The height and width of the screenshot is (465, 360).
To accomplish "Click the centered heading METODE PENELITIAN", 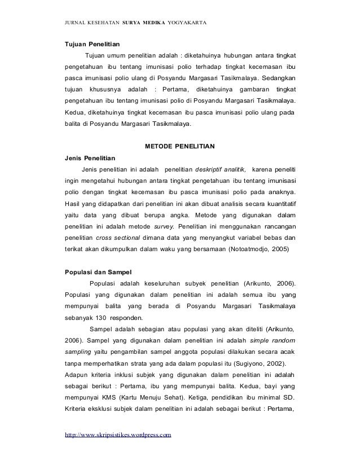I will click(180, 146).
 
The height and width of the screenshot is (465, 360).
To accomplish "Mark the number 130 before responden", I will click(102, 317).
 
